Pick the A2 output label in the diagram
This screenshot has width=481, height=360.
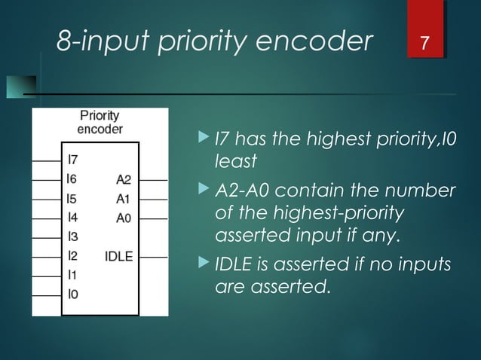click(x=124, y=179)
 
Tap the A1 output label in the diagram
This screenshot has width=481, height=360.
click(x=124, y=199)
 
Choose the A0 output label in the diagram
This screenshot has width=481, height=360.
click(x=124, y=218)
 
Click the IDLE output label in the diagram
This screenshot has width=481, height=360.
click(x=118, y=256)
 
